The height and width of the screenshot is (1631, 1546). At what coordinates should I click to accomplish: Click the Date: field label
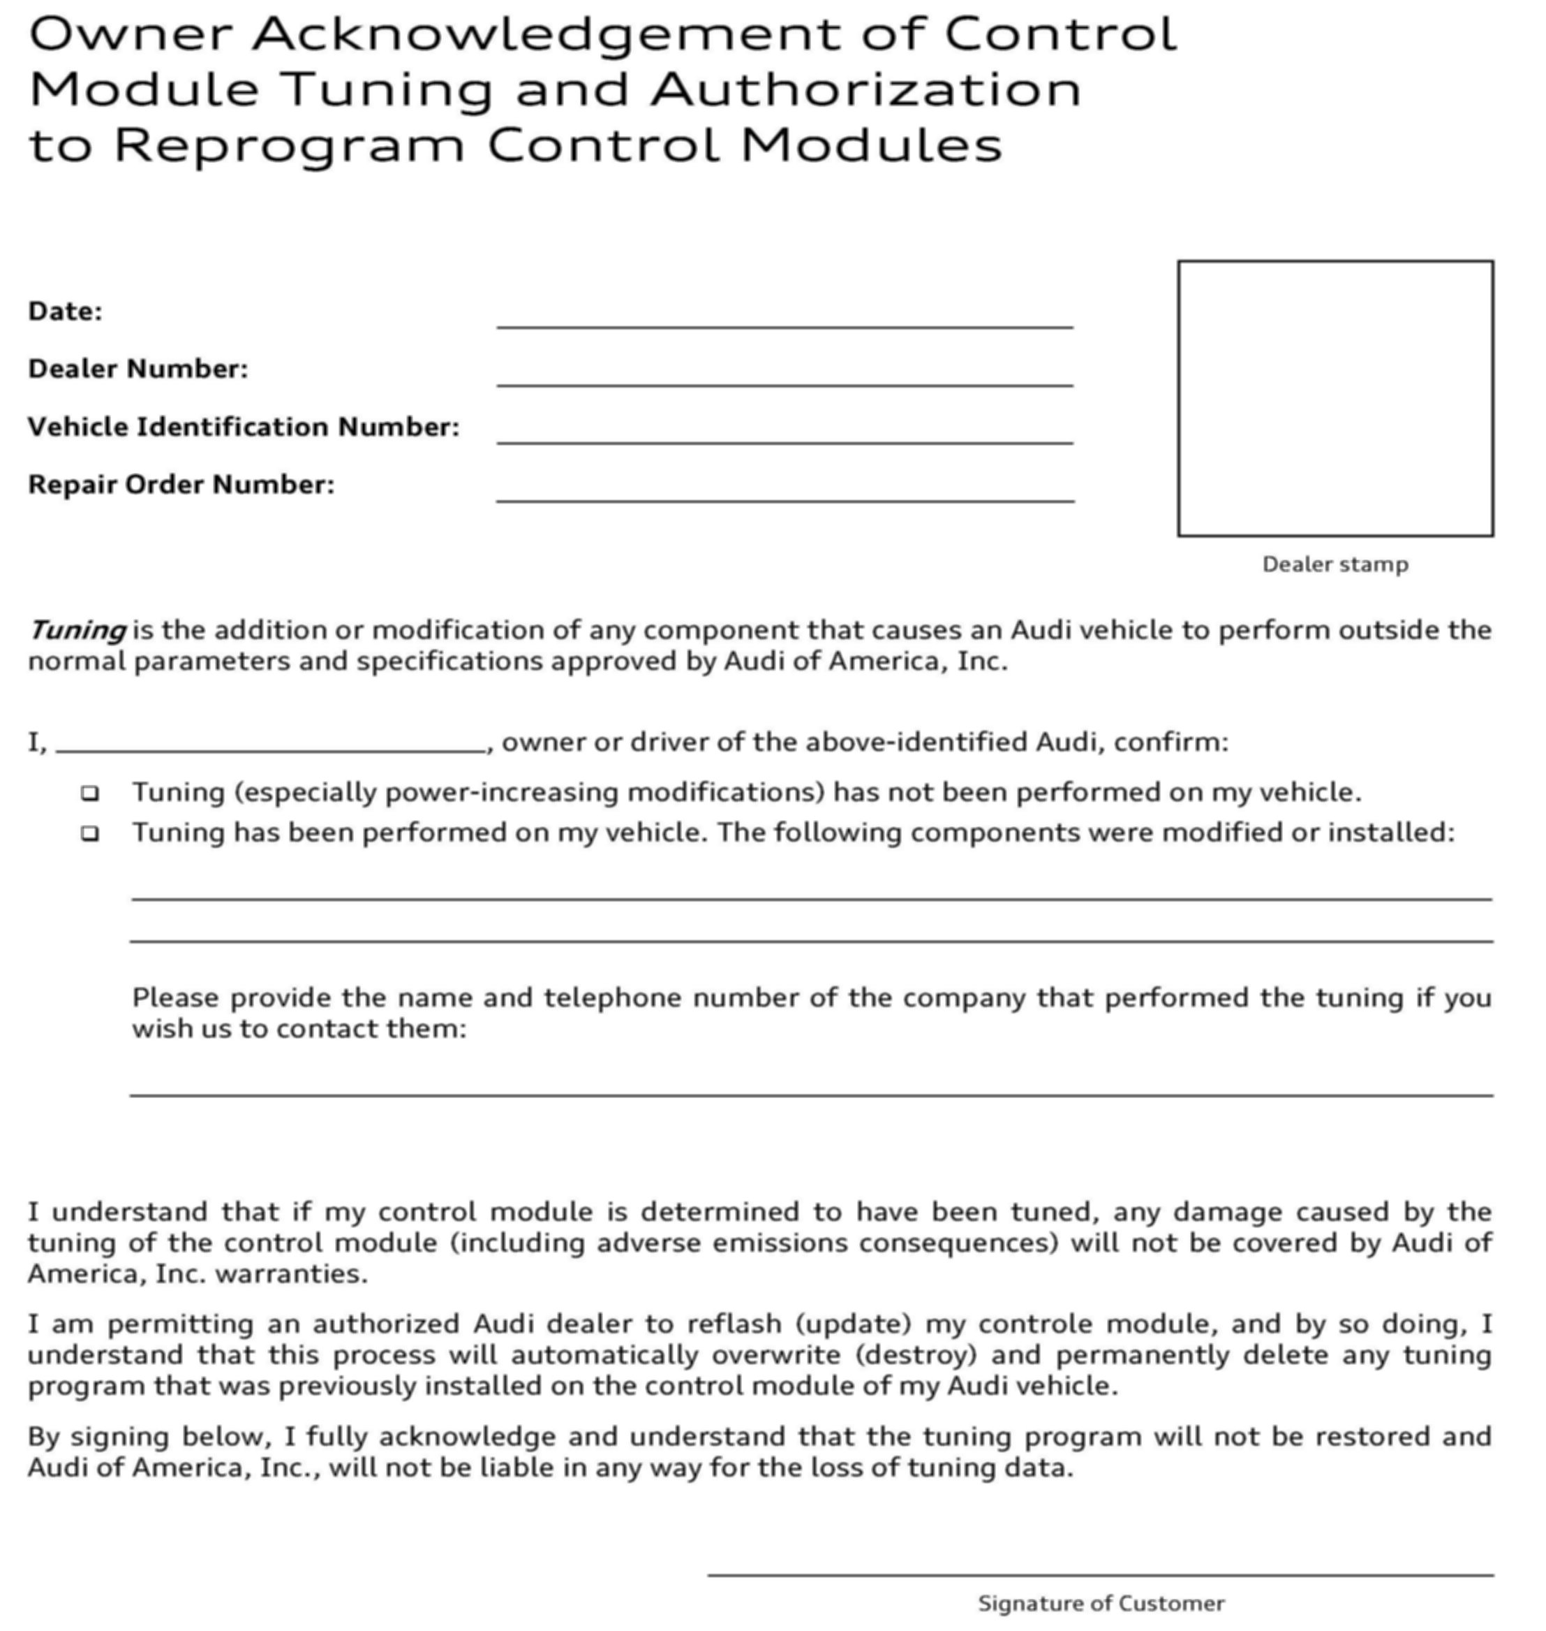point(65,312)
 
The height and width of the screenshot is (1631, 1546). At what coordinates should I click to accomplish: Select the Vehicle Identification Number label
point(243,427)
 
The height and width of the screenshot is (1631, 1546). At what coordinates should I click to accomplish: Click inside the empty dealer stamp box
point(1335,398)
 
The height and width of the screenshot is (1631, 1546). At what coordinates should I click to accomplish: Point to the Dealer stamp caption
point(1335,565)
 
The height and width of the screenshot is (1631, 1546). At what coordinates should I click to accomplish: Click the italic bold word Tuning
point(77,631)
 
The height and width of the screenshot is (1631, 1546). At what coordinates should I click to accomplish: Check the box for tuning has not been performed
point(90,793)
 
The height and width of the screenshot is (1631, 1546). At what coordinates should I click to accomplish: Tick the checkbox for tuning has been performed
point(90,833)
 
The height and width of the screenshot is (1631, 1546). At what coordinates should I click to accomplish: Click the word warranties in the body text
point(291,1274)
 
